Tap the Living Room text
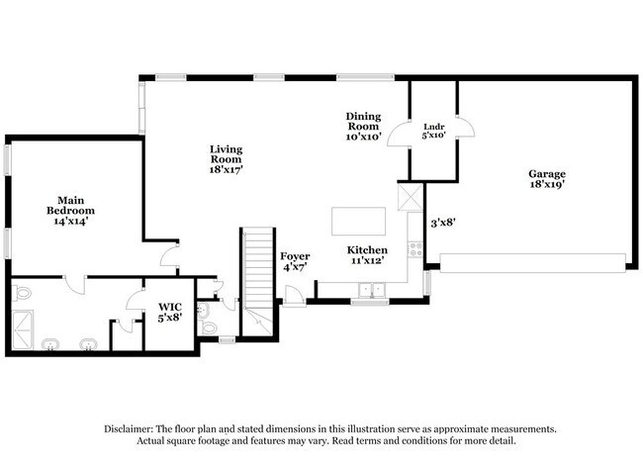(226, 159)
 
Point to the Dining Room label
(363, 127)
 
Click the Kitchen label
(367, 256)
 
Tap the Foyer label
(295, 262)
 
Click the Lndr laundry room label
(433, 131)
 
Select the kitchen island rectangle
(358, 221)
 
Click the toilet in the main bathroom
(24, 293)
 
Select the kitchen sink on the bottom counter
(372, 290)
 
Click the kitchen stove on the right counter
(415, 248)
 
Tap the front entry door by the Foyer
(294, 295)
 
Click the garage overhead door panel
(533, 262)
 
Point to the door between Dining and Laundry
(398, 133)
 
